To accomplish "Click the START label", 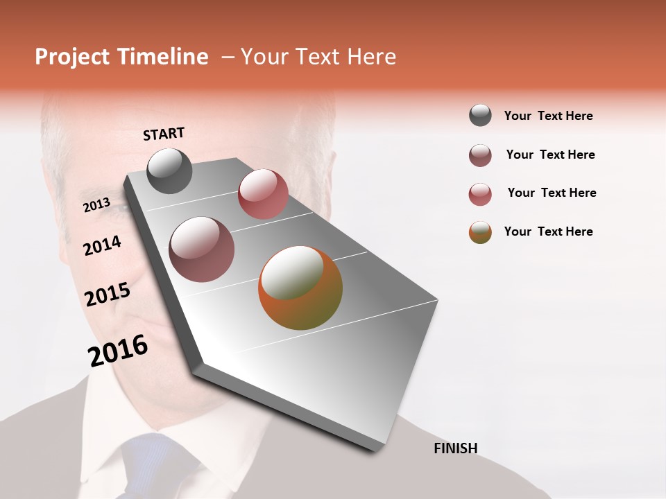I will pyautogui.click(x=164, y=134).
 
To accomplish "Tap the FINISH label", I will pyautogui.click(x=455, y=448).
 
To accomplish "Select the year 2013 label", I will pyautogui.click(x=97, y=204).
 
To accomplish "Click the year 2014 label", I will pyautogui.click(x=102, y=245).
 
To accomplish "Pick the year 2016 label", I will pyautogui.click(x=118, y=350).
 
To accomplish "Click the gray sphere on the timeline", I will pyautogui.click(x=169, y=170).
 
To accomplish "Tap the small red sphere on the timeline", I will pyautogui.click(x=263, y=194).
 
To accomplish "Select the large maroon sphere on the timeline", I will pyautogui.click(x=202, y=249).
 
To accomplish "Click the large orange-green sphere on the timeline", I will pyautogui.click(x=300, y=288).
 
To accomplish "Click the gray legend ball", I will pyautogui.click(x=480, y=116).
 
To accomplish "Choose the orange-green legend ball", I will pyautogui.click(x=480, y=232).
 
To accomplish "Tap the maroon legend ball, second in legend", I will pyautogui.click(x=480, y=155).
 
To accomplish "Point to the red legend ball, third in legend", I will pyautogui.click(x=480, y=194).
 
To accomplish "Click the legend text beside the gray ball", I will pyautogui.click(x=548, y=116).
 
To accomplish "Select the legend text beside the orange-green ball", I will pyautogui.click(x=548, y=231).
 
